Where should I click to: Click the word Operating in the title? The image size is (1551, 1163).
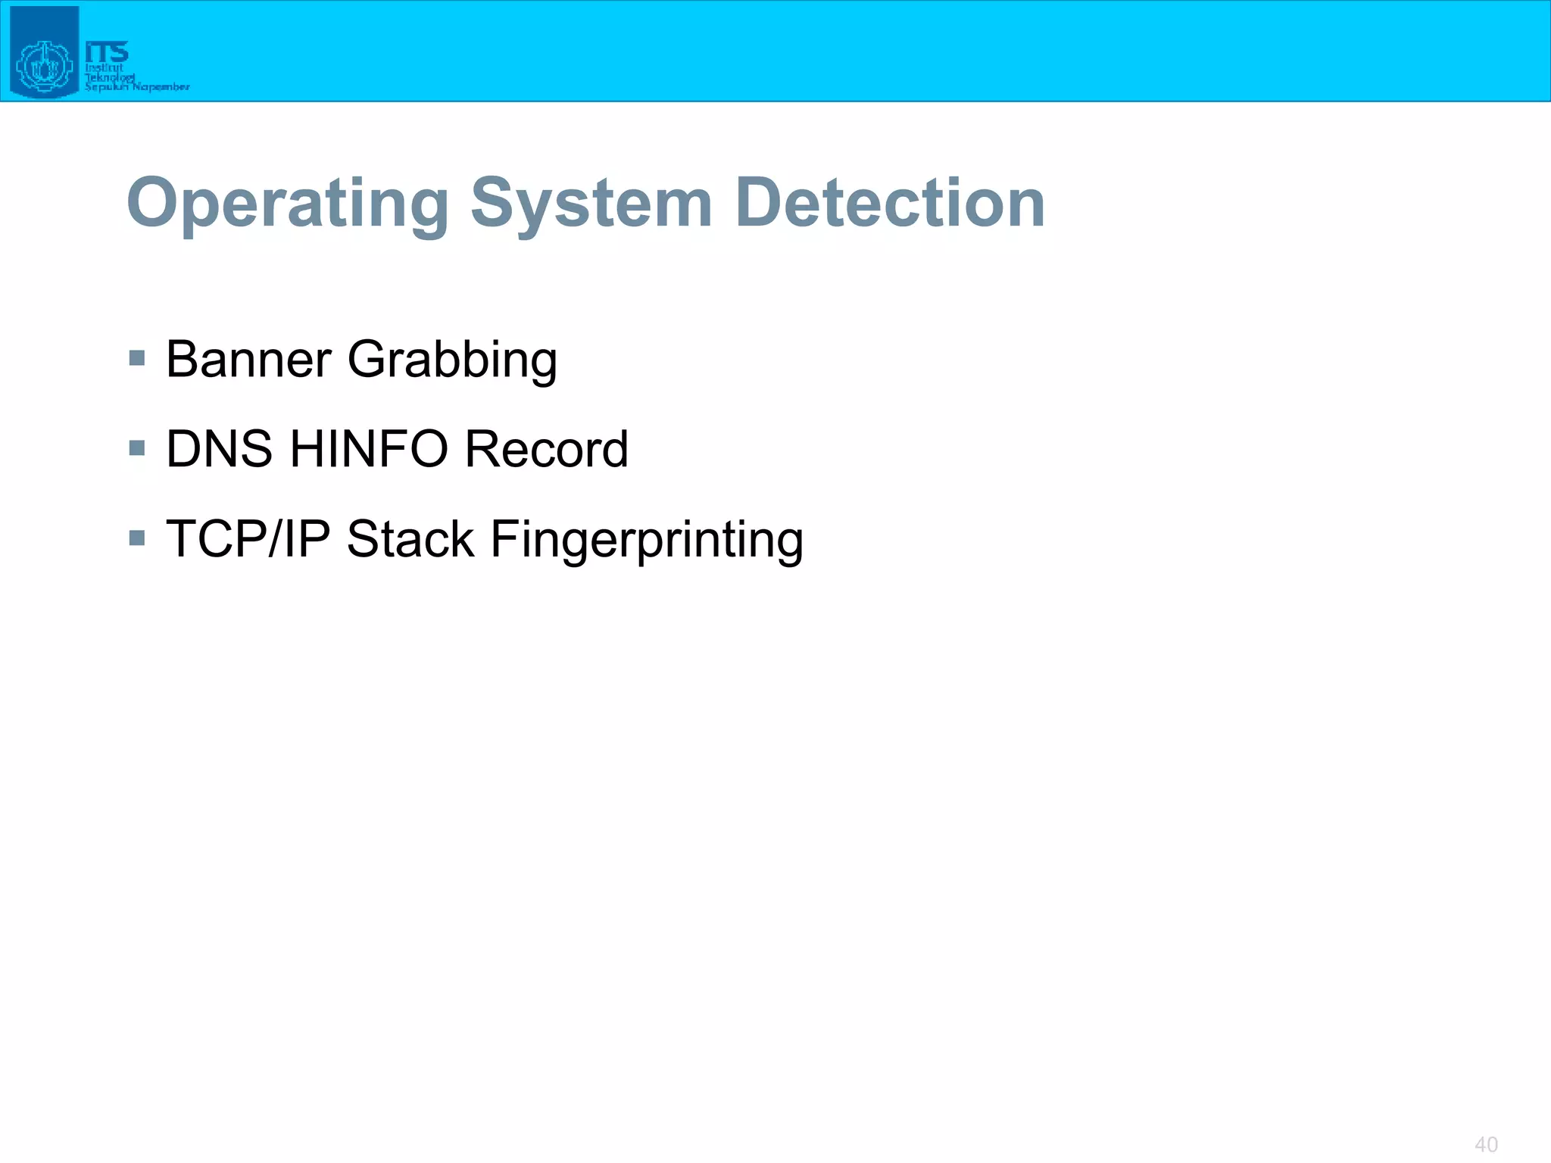[x=288, y=203]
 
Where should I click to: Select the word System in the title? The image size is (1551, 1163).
[x=591, y=203]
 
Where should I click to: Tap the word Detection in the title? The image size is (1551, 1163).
[x=890, y=203]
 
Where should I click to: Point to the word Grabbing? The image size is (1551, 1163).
[x=452, y=360]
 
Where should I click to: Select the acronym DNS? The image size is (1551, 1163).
[x=219, y=449]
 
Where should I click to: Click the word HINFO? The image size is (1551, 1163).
[x=369, y=449]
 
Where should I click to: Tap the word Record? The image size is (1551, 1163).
[x=546, y=449]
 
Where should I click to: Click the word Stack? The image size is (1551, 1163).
[x=410, y=539]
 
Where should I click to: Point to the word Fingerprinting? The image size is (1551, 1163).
[x=647, y=541]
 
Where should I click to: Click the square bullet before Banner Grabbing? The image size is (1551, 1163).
[x=137, y=358]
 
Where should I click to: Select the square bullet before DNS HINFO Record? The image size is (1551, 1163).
[x=137, y=448]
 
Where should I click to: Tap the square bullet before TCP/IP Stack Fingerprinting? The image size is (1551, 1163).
[x=137, y=538]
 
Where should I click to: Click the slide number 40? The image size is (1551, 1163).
[x=1486, y=1144]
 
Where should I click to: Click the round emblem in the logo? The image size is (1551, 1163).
[x=44, y=67]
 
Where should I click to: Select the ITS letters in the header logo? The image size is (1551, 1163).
[x=107, y=52]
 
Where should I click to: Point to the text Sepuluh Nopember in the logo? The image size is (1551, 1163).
[x=137, y=87]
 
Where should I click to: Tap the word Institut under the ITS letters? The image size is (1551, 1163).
[x=104, y=68]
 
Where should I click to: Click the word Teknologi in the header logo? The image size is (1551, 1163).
[x=110, y=77]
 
